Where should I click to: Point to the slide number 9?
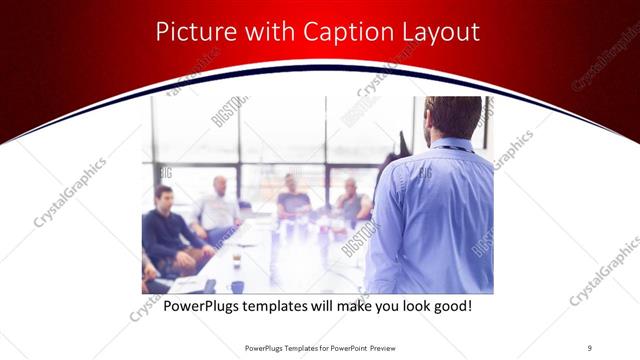coord(589,347)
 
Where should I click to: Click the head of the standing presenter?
coord(452,116)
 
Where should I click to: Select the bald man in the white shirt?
coord(218,208)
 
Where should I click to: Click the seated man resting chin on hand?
coord(351,201)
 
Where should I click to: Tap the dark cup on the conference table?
coord(235,257)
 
